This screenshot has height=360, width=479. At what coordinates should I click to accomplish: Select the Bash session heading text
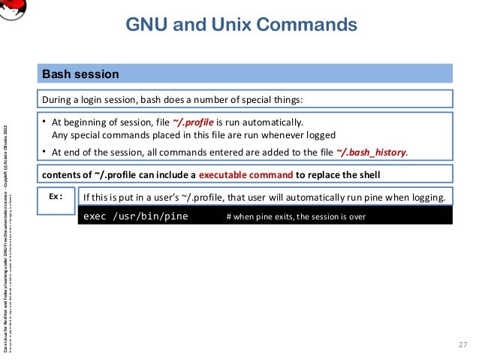[x=80, y=74]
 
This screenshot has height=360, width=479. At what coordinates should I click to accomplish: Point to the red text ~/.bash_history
[x=372, y=152]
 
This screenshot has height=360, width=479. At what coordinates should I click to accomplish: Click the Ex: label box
[x=56, y=196]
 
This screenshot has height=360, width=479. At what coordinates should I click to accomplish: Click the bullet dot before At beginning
[x=45, y=123]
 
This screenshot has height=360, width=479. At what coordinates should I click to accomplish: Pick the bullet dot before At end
[x=45, y=152]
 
